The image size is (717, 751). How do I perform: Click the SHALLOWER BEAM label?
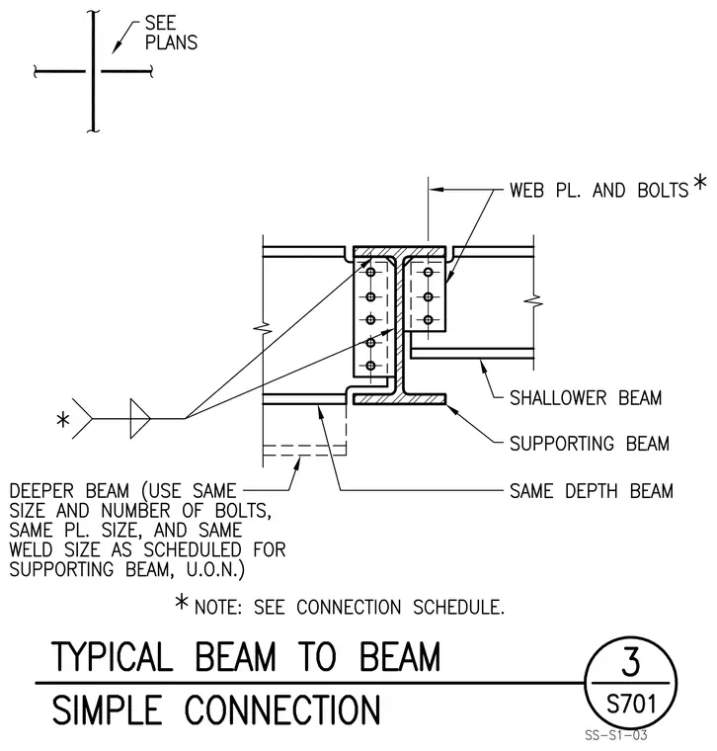586,398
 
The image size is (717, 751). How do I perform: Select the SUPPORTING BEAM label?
590,444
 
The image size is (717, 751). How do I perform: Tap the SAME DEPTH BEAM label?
592,491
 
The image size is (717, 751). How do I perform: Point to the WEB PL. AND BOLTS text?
598,191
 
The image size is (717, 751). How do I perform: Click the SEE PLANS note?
171,33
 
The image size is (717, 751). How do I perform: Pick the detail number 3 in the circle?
630,661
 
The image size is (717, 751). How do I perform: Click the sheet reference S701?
631,704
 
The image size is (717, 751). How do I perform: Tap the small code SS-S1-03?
616,735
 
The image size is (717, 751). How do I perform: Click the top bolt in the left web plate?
370,273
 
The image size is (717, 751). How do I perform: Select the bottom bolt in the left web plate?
370,366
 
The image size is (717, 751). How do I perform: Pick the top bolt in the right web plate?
429,273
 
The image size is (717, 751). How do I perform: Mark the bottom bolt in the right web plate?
429,319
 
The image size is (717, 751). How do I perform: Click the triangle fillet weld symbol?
140,419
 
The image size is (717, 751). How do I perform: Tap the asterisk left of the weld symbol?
62,420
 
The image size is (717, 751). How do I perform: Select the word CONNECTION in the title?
282,709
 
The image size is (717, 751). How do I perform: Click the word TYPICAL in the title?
112,657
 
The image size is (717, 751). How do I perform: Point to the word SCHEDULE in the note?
457,608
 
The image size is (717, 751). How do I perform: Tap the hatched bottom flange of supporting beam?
399,399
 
